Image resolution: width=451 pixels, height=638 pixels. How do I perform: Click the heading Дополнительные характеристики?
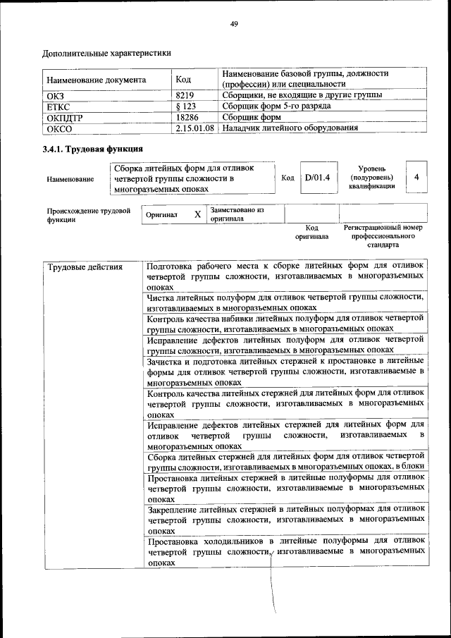click(x=106, y=53)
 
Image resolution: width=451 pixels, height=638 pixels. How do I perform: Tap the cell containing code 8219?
click(x=185, y=95)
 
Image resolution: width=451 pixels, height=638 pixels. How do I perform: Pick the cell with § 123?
click(x=185, y=106)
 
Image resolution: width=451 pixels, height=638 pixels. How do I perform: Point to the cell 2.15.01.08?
click(x=195, y=129)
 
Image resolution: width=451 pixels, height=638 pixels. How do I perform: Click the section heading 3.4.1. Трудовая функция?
click(x=93, y=149)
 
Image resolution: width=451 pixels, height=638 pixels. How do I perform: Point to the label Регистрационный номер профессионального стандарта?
click(x=383, y=236)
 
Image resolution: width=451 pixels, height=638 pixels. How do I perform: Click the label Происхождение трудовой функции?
click(x=88, y=214)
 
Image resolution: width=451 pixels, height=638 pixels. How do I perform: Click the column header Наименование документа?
click(x=97, y=80)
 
